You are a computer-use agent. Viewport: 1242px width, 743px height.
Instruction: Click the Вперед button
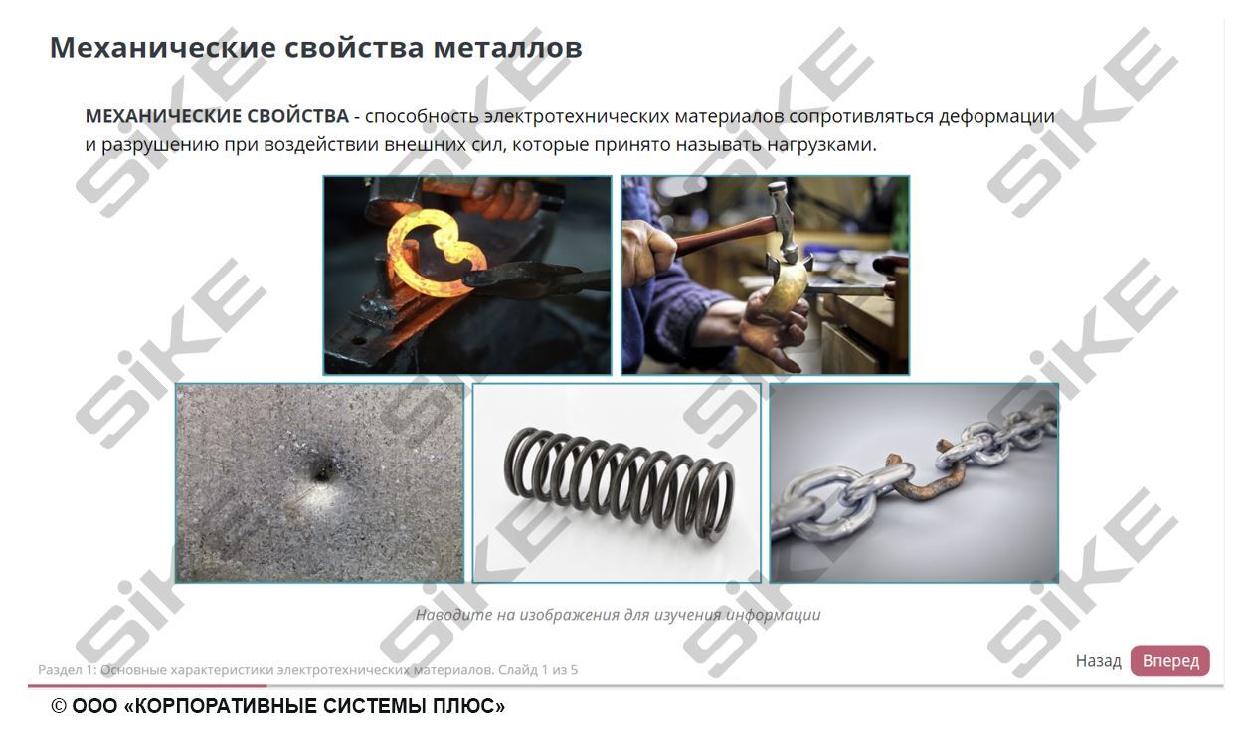click(x=1169, y=661)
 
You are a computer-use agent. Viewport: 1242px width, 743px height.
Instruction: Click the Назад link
click(x=1098, y=661)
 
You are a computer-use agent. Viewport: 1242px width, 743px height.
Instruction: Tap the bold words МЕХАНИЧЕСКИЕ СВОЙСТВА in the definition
click(x=217, y=116)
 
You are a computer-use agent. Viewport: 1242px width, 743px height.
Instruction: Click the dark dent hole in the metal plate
click(x=320, y=475)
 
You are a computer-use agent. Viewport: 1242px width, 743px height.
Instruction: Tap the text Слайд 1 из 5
click(x=538, y=670)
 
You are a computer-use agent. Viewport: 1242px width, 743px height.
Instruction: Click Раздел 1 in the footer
click(x=64, y=670)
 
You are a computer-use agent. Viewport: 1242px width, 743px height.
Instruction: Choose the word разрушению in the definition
click(x=159, y=144)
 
